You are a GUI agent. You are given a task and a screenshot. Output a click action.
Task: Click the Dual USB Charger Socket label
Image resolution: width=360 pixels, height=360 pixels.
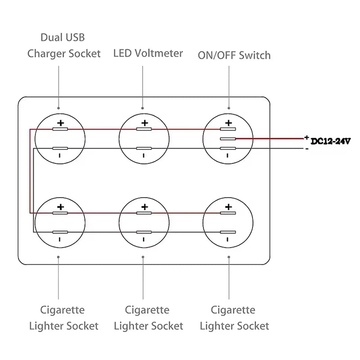64,45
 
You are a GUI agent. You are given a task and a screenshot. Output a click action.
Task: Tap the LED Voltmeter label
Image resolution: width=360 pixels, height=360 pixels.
148,54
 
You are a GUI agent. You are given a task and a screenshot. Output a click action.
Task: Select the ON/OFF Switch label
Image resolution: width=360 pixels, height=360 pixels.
234,55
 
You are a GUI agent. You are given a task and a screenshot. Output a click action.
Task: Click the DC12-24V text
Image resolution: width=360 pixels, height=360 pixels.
331,141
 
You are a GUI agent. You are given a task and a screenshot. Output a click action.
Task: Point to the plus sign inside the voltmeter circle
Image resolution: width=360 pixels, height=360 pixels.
144,123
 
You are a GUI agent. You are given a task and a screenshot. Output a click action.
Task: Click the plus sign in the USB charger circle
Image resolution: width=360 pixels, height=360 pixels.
61,123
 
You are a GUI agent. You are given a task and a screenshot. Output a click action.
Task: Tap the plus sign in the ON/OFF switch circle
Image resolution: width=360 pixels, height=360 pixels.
229,123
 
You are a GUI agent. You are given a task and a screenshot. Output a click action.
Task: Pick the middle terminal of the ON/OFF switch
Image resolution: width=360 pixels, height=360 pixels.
228,139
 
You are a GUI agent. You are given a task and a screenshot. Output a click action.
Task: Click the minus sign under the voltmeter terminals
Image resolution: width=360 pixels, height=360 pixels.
144,156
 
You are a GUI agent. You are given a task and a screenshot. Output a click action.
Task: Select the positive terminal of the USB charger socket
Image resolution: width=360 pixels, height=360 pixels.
60,130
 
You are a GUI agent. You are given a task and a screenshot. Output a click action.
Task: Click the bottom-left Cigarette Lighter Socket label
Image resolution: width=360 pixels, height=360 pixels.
63,318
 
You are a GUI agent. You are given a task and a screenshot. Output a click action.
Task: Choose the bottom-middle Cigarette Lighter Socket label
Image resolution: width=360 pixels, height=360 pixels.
148,318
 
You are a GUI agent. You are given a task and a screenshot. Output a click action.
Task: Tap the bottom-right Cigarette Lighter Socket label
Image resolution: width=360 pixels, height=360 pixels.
234,318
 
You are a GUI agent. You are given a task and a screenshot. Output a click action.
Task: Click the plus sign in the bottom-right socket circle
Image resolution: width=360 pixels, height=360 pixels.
229,207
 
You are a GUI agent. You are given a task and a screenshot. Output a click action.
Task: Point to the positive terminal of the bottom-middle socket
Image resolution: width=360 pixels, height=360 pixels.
144,213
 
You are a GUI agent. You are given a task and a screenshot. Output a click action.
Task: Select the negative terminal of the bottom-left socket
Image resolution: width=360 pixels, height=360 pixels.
60,232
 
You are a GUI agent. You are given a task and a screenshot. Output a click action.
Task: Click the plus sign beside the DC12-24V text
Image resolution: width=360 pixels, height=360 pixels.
306,137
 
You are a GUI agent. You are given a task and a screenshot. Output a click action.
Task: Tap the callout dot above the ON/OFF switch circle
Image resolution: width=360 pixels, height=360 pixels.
229,108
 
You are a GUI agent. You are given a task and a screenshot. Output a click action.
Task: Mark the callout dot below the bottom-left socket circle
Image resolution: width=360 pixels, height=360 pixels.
59,257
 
